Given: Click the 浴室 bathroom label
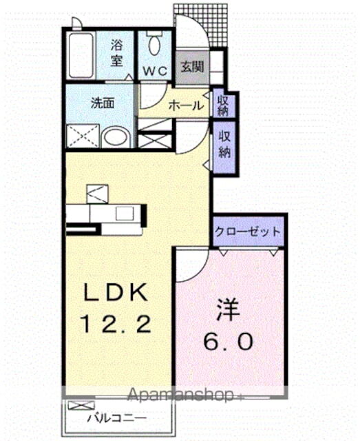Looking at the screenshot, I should [x=117, y=53].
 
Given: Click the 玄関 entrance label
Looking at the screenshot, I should [x=191, y=67].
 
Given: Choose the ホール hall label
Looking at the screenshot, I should [x=186, y=106].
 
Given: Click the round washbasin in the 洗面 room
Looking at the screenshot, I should [x=116, y=136].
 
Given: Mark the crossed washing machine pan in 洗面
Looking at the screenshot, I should [x=84, y=136].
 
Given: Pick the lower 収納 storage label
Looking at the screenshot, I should [x=224, y=145].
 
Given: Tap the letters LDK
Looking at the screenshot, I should [x=116, y=294].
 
